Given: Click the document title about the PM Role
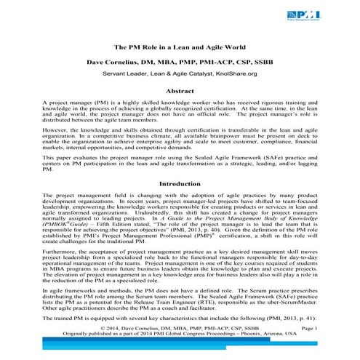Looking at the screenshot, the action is point(180,46).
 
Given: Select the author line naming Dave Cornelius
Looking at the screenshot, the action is point(180,62).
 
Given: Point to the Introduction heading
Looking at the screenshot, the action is point(180,184).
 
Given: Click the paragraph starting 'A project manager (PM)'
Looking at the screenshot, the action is point(180,115).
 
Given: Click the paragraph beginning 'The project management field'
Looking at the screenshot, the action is point(180,220).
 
